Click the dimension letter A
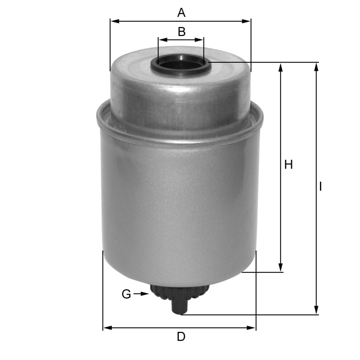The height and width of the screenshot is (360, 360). (x=181, y=12)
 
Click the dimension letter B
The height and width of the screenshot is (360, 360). (x=181, y=31)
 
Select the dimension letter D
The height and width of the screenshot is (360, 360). (x=181, y=337)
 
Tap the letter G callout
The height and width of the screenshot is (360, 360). (x=127, y=294)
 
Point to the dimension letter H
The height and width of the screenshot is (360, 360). (x=289, y=164)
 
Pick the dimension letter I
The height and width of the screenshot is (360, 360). (x=321, y=186)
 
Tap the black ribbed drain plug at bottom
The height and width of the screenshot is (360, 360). (x=179, y=293)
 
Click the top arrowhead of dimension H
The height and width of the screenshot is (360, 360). (x=281, y=67)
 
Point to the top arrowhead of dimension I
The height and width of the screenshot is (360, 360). (x=317, y=67)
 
